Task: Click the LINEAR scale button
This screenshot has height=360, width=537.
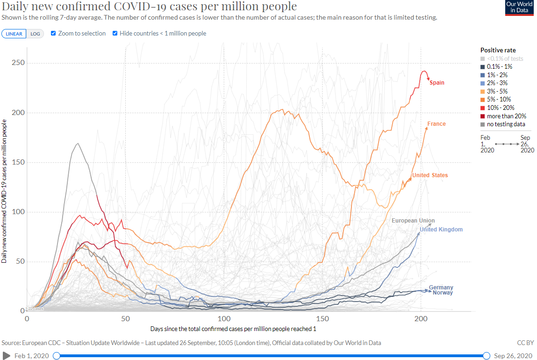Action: tap(14, 34)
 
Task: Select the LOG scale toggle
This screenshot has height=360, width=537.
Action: tap(35, 34)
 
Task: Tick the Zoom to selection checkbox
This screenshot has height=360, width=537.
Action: tap(53, 34)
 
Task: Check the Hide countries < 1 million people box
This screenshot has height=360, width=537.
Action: tap(115, 34)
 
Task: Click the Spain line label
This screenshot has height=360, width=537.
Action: tap(437, 83)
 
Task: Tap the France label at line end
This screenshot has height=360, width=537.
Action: tap(437, 124)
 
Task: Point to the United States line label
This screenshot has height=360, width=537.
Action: tap(430, 175)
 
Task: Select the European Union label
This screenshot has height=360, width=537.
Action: tap(413, 221)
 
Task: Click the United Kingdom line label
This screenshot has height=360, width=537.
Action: tap(441, 230)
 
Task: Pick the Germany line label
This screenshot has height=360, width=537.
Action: tap(441, 288)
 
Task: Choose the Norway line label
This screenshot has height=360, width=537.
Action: tap(443, 293)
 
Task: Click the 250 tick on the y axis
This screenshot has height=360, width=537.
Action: tap(18, 63)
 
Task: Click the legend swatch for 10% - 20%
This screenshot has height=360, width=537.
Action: tap(483, 108)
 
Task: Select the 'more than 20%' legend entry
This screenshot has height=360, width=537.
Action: tap(506, 116)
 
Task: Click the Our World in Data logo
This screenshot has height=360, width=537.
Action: tap(519, 8)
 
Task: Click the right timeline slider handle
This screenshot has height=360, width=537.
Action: tap(487, 356)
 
